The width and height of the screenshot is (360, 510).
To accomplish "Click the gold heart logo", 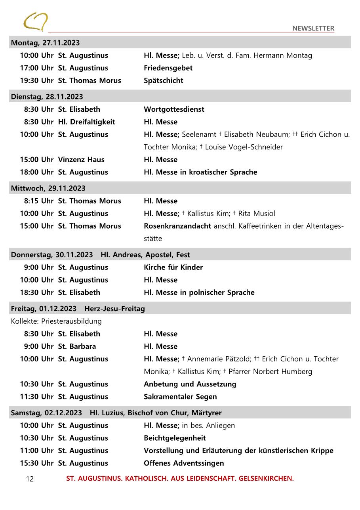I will tap(35, 21).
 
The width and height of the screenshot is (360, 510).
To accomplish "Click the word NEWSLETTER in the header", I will tap(313, 28).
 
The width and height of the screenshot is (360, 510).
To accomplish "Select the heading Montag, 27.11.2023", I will tap(45, 43).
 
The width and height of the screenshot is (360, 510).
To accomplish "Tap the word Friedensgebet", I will tap(168, 68).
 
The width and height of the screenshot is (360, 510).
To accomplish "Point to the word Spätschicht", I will tap(163, 80).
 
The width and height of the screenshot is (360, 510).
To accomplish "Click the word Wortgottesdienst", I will tap(174, 109).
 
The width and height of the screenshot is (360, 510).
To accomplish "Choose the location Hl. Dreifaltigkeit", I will tap(86, 122).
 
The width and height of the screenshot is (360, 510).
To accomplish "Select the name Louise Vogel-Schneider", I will tap(244, 147).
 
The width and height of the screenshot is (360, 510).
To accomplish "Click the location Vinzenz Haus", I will tap(81, 160).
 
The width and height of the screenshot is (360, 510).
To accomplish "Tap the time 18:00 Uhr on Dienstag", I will tap(36, 172).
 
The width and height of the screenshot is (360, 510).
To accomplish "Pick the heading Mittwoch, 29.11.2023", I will tap(48, 188).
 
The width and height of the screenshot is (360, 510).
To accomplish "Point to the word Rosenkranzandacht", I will tap(177, 226).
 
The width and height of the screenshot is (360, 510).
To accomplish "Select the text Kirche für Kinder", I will tap(173, 267).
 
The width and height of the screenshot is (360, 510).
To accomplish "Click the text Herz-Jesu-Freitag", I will tap(114, 309).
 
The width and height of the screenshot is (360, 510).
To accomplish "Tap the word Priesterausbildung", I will tap(71, 321).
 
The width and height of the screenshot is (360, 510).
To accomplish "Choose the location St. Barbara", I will tap(77, 346).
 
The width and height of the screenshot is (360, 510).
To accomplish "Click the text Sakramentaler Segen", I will tap(180, 397).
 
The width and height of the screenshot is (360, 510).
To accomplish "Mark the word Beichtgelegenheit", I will tap(175, 438).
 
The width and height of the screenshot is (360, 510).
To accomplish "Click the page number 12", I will tap(30, 479).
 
